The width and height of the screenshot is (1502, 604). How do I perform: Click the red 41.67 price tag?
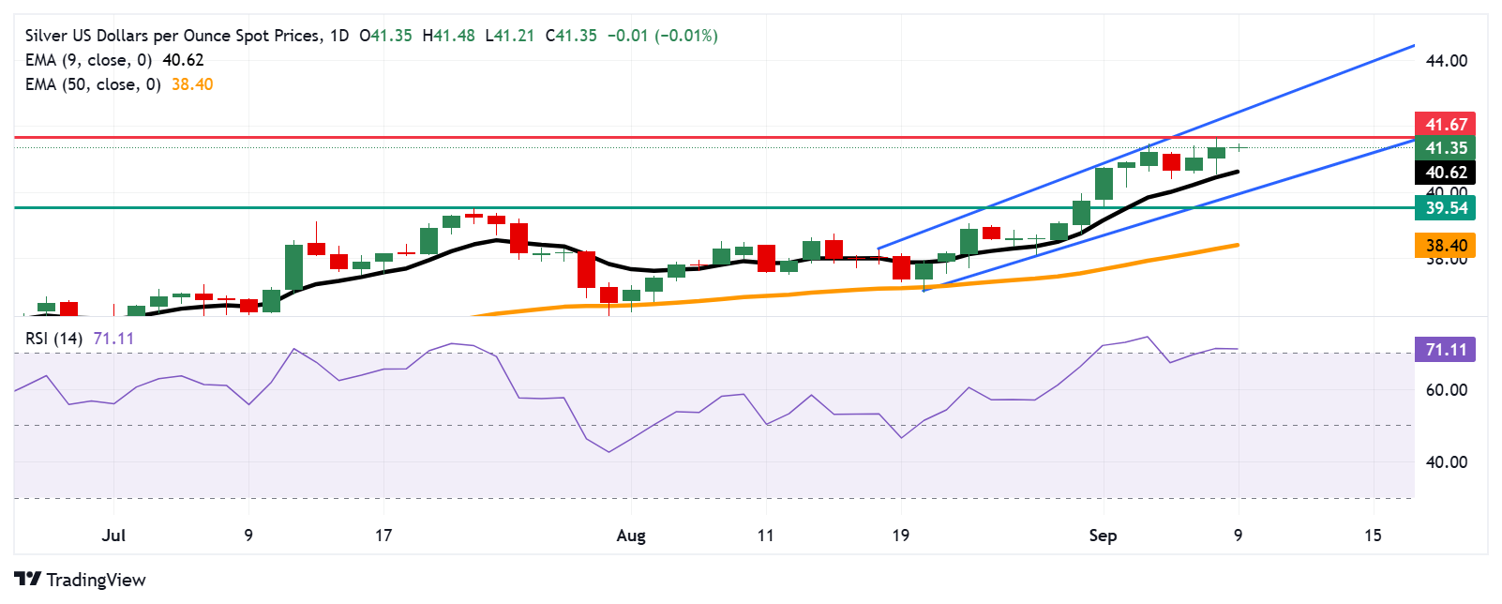(1445, 124)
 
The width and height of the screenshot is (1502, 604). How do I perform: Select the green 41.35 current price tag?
(1445, 148)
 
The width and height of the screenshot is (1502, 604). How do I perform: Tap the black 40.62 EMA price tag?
(1445, 173)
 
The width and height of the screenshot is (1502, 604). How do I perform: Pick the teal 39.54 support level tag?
(1445, 208)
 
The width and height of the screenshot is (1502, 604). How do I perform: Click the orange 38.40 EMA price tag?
(1445, 246)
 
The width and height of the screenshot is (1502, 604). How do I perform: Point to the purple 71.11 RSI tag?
(1445, 350)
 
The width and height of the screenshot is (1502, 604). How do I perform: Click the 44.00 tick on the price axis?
(1446, 61)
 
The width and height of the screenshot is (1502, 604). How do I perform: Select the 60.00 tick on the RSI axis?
(1446, 390)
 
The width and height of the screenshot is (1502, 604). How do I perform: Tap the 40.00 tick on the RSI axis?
(1446, 462)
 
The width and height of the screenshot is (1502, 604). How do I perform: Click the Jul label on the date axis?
(113, 536)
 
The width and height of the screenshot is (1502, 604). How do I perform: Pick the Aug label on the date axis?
(631, 536)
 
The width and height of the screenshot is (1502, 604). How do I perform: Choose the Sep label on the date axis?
(1103, 536)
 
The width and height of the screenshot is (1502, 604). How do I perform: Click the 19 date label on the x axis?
(900, 536)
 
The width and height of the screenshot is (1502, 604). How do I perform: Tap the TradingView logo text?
(96, 580)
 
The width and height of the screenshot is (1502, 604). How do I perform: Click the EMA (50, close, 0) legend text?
(93, 84)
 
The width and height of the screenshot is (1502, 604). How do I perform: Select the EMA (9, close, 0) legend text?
(88, 60)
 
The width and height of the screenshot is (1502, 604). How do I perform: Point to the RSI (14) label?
(54, 339)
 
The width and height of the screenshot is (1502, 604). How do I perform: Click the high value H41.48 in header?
(448, 36)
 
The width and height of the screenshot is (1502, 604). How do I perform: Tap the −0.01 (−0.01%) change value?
(662, 36)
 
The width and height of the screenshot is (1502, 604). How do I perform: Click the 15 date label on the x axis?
(1373, 536)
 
